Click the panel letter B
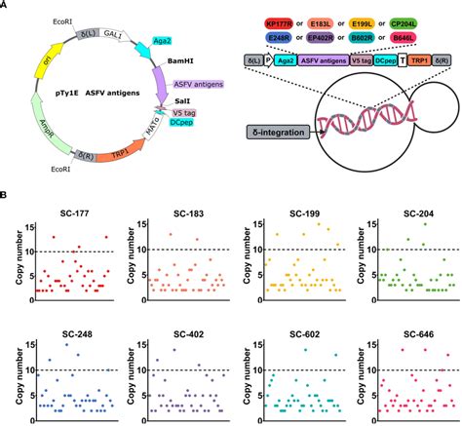[5, 195]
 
